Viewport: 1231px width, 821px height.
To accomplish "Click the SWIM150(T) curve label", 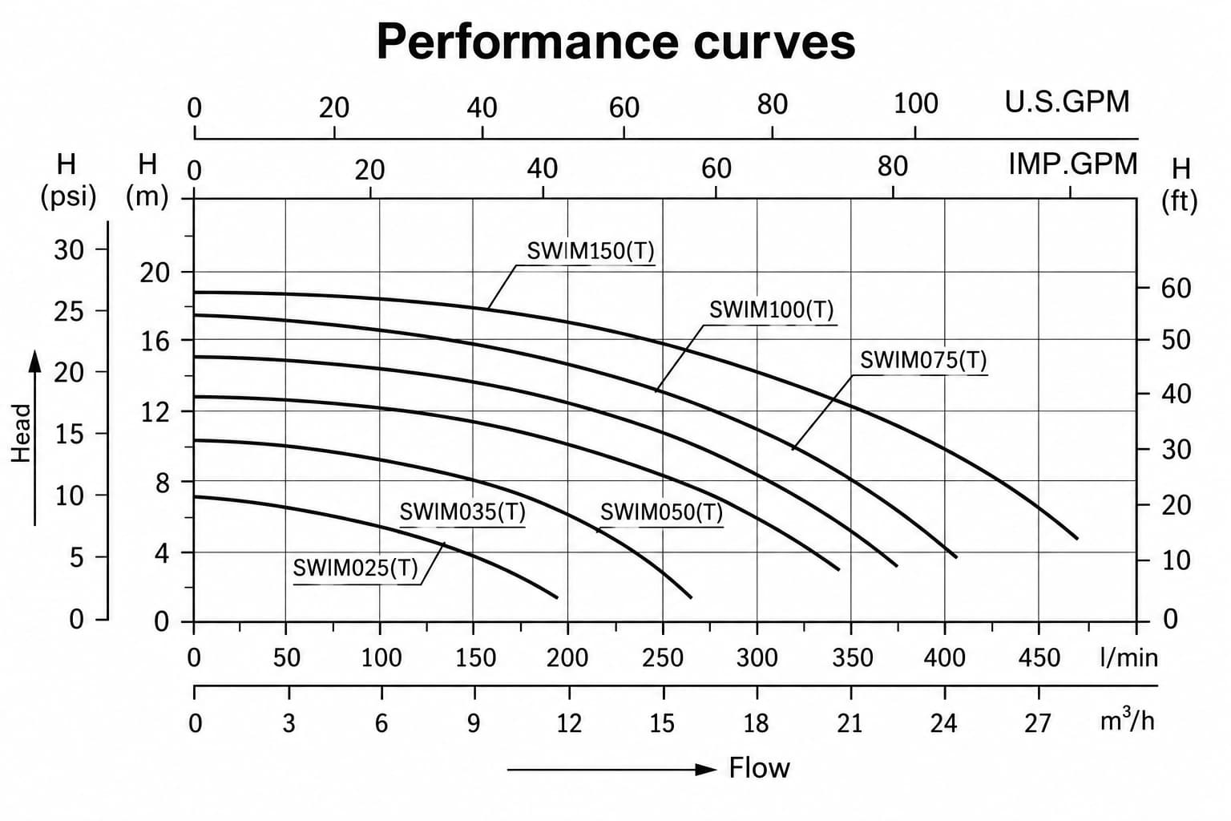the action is pyautogui.click(x=591, y=251).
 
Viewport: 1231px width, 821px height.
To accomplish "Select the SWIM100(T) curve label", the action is pyautogui.click(x=772, y=309).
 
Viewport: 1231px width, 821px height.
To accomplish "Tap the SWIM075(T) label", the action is pyautogui.click(x=923, y=360).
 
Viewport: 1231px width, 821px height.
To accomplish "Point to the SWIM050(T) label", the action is pyautogui.click(x=661, y=512).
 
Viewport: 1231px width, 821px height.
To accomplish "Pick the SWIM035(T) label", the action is pyautogui.click(x=462, y=512).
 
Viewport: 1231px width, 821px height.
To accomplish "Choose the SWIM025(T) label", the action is pyautogui.click(x=356, y=568).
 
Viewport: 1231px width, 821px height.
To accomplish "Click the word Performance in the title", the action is pyautogui.click(x=527, y=42).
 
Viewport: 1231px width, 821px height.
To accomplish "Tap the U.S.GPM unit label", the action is pyautogui.click(x=1067, y=102).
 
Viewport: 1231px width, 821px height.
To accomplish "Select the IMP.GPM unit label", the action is pyautogui.click(x=1073, y=164).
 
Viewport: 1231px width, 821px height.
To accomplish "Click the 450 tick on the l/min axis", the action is pyautogui.click(x=1039, y=658).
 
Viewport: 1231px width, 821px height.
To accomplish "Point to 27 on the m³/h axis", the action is pyautogui.click(x=1038, y=724).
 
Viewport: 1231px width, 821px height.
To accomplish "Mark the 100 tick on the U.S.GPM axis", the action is pyautogui.click(x=915, y=104).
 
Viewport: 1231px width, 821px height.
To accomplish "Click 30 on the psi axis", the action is pyautogui.click(x=69, y=250).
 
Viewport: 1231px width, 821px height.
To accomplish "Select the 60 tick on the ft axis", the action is pyautogui.click(x=1176, y=288).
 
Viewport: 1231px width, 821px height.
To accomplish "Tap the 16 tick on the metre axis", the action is pyautogui.click(x=155, y=342).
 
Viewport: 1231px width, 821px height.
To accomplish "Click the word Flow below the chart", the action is pyautogui.click(x=759, y=768).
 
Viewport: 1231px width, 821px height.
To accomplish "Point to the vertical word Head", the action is pyautogui.click(x=22, y=433).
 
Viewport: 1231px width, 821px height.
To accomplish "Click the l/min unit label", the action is pyautogui.click(x=1128, y=657).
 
